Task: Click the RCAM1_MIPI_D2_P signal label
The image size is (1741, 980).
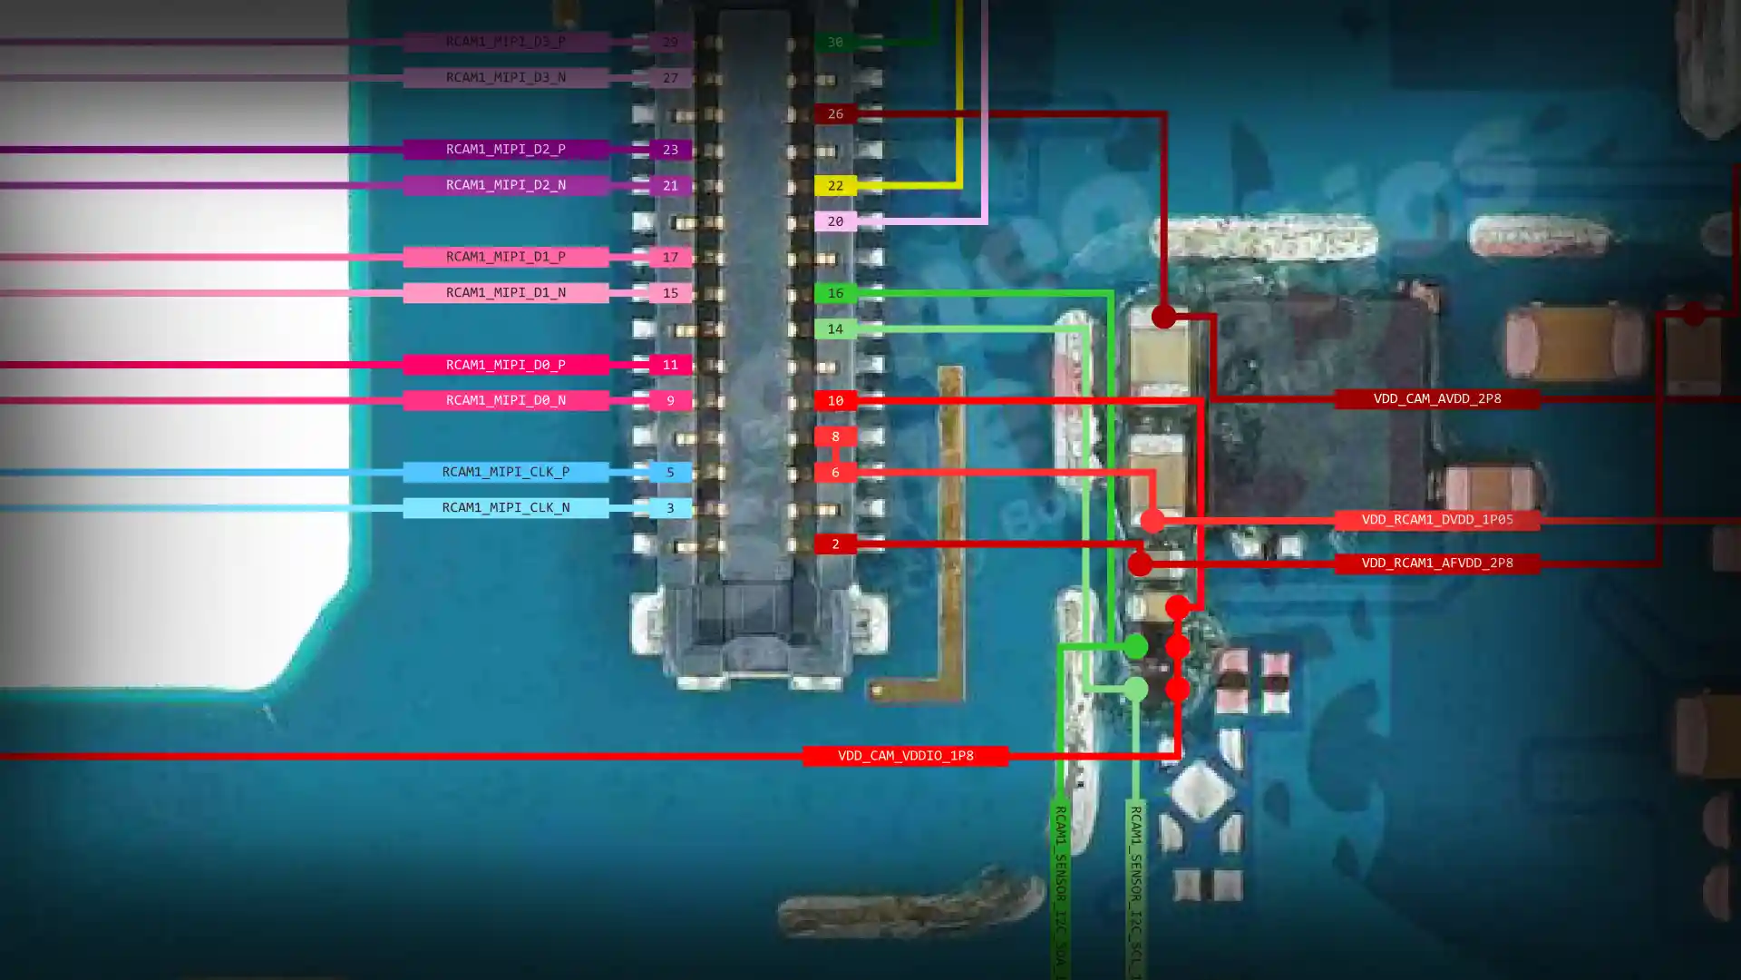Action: pos(505,149)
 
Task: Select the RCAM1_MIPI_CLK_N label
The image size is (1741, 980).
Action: pos(505,507)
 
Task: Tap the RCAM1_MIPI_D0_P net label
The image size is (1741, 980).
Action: pos(505,365)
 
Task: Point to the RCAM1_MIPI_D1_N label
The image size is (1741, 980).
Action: pos(505,292)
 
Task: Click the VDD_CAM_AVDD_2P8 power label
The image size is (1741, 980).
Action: pos(1436,398)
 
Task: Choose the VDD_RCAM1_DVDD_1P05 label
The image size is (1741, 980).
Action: pos(1436,520)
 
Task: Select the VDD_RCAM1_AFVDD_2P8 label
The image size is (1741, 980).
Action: pos(1436,563)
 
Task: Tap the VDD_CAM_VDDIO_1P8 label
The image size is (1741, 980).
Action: pos(905,756)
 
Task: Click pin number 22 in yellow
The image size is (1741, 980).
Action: pos(835,186)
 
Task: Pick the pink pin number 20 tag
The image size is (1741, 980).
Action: pos(835,221)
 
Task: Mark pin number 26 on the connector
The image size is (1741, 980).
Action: pos(835,114)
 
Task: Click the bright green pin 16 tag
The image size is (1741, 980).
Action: pos(835,293)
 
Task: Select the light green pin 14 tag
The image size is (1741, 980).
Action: pos(835,329)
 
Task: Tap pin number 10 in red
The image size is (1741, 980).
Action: pos(835,400)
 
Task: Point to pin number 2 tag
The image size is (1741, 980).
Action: pos(835,544)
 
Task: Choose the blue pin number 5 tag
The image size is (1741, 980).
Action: pos(670,472)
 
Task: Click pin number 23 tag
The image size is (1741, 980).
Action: pos(670,150)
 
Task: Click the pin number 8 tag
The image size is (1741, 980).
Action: pos(835,436)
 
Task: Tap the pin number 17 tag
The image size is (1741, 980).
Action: pos(670,258)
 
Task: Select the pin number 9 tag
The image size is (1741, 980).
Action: pos(670,400)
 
